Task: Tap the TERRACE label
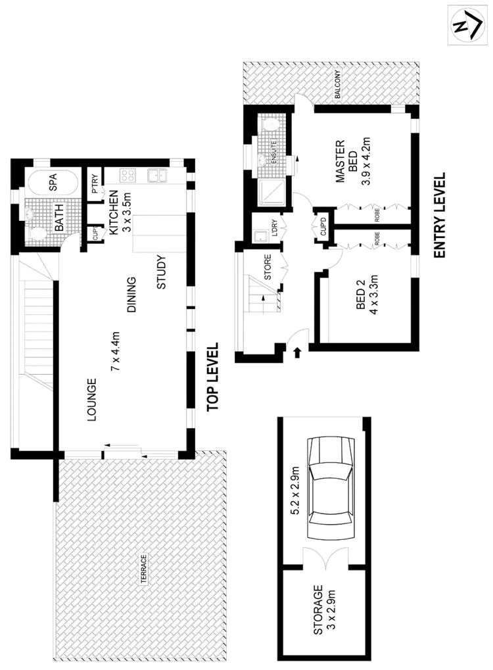(143, 569)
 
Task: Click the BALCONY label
(338, 85)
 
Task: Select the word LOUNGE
(92, 398)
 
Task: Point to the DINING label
(132, 294)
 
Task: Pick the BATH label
(59, 218)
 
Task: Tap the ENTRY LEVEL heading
(440, 216)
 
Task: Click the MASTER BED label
(346, 161)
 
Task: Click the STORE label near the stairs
(268, 270)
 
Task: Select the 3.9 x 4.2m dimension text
(367, 162)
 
